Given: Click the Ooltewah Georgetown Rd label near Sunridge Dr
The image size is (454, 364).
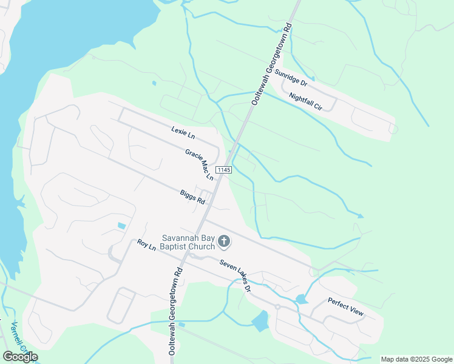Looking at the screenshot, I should (273, 66).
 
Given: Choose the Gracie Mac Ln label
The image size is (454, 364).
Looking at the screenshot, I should (200, 164).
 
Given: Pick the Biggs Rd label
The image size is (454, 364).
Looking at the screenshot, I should (192, 197).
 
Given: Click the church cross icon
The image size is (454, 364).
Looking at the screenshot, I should (224, 242).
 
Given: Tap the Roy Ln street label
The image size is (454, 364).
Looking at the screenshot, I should (146, 245).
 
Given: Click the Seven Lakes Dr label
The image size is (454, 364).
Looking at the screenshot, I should (235, 274).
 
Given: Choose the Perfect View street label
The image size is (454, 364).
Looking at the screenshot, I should (345, 307).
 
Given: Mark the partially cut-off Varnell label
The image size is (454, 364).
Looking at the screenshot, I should (18, 337).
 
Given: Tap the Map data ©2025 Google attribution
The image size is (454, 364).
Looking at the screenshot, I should (416, 359).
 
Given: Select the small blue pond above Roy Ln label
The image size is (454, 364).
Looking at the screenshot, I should (121, 226).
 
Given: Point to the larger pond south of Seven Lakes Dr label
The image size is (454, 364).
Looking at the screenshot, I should (260, 320).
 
